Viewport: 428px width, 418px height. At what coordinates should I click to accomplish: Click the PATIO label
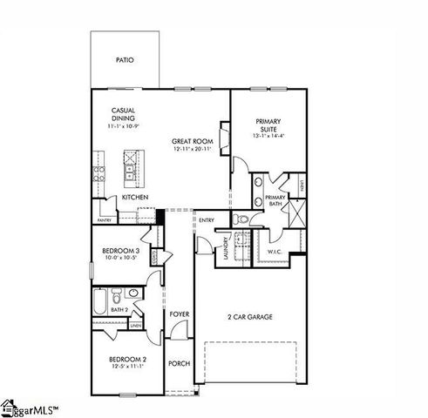coord(125,61)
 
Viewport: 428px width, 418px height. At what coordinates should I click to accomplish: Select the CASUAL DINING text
coord(122,115)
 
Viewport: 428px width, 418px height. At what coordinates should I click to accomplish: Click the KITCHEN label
coord(133,198)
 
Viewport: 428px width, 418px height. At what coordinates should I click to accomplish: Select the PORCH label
coord(179,364)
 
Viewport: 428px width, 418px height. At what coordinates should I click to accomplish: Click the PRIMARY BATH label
coord(275,201)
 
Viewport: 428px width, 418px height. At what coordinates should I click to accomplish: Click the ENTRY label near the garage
coord(207,220)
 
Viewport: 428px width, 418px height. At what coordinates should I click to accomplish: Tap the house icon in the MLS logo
coord(10,406)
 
